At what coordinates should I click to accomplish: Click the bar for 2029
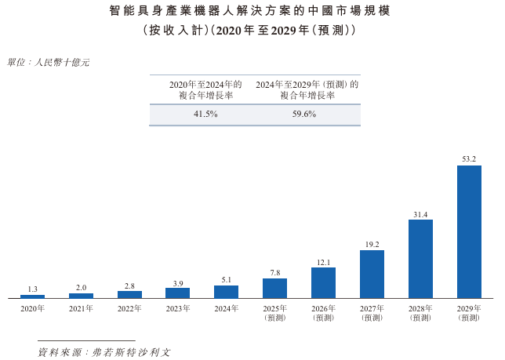coord(469,231)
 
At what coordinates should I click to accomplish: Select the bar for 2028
coord(420,258)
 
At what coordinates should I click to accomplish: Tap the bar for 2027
coord(372,274)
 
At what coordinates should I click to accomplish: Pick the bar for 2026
coord(323,282)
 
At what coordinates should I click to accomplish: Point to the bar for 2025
coord(274,288)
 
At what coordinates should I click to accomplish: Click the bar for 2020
coord(32,296)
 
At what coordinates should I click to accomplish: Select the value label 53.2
coord(469,159)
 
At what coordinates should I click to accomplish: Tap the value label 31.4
coord(420,213)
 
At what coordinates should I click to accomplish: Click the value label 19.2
coord(372,244)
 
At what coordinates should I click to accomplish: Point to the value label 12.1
coord(323,262)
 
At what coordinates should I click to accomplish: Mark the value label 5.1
coord(226,279)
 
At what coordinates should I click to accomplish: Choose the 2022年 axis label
coord(129,308)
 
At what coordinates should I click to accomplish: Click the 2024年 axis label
coord(226,308)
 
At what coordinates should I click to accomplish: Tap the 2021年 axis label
coord(81,308)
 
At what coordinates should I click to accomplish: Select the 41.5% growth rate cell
coord(205,115)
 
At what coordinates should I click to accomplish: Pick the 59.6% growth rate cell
coord(303,115)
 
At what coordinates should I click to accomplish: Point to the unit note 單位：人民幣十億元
coord(48,62)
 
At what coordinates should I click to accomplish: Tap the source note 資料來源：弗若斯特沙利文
coord(104,351)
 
